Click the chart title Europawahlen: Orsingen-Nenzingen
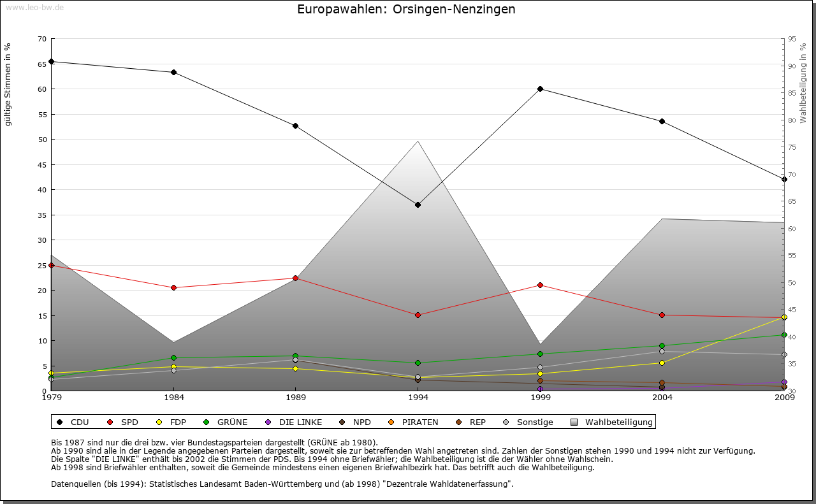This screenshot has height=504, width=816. (x=406, y=10)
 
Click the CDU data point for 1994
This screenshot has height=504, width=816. (x=418, y=205)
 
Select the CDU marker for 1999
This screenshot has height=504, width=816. (x=540, y=89)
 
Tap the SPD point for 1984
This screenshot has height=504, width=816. (x=173, y=287)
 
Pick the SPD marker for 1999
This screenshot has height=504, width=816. (x=540, y=285)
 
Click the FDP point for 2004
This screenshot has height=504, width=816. (x=662, y=363)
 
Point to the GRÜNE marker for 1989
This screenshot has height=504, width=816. (x=295, y=356)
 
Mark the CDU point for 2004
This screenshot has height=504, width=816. (x=662, y=121)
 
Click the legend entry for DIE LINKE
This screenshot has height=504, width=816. (x=300, y=422)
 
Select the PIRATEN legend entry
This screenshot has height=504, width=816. (x=419, y=422)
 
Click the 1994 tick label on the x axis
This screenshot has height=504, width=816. (x=418, y=398)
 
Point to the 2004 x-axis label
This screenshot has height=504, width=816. (x=662, y=398)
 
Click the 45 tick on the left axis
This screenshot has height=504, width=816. (x=42, y=164)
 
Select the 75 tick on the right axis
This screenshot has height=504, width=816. (x=792, y=147)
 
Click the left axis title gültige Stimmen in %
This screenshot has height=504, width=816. (x=8, y=84)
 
